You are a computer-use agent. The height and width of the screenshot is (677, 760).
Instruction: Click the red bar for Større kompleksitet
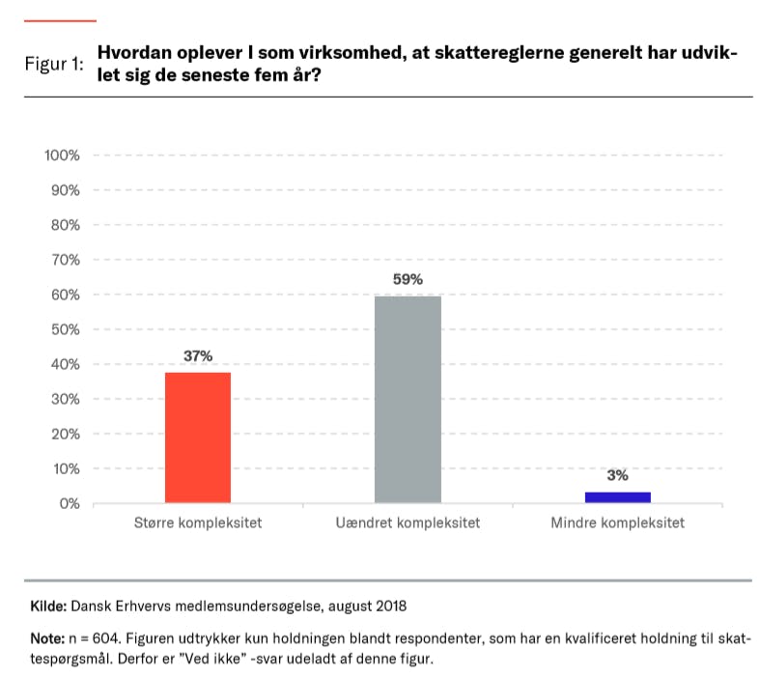click(x=198, y=437)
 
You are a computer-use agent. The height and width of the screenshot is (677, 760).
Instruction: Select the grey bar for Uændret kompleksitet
click(x=408, y=399)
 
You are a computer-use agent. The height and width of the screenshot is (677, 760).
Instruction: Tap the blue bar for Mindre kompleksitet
click(x=617, y=497)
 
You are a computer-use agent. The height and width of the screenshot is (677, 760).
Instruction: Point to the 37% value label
click(x=198, y=356)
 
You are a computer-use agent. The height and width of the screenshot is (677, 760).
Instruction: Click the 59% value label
click(x=408, y=280)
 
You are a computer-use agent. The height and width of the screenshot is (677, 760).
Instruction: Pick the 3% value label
click(x=617, y=475)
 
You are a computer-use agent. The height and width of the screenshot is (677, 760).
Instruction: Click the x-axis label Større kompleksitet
click(x=198, y=523)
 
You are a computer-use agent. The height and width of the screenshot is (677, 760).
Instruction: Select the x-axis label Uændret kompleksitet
click(x=408, y=523)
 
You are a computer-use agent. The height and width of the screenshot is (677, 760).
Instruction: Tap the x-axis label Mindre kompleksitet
click(x=617, y=523)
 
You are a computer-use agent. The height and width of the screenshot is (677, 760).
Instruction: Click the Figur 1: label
click(x=53, y=65)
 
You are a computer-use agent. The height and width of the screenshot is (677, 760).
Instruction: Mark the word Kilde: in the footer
click(x=48, y=606)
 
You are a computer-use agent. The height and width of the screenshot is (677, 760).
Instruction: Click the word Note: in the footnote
click(x=47, y=638)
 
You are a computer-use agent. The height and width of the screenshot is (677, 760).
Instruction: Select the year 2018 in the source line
click(x=390, y=606)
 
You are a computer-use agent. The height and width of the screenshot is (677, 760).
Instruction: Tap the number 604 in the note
click(x=110, y=638)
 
